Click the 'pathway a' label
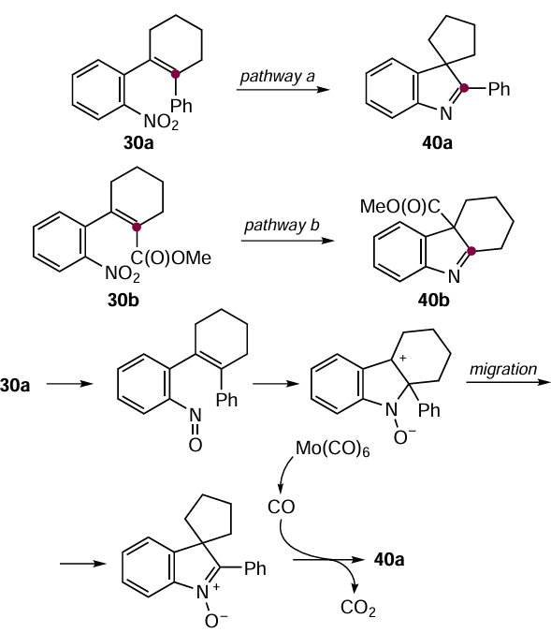pyautogui.click(x=277, y=76)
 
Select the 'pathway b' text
pyautogui.click(x=282, y=226)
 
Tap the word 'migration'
pyautogui.click(x=503, y=369)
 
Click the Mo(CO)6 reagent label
pyautogui.click(x=332, y=449)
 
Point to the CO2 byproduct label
pyautogui.click(x=358, y=608)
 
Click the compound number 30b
pyautogui.click(x=123, y=300)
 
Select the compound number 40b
pyautogui.click(x=434, y=300)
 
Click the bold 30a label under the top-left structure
pyautogui.click(x=138, y=143)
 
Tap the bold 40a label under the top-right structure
pyautogui.click(x=437, y=143)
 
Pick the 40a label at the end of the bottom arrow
pyautogui.click(x=389, y=560)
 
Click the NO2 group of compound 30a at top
pyautogui.click(x=161, y=122)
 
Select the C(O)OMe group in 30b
pyautogui.click(x=170, y=258)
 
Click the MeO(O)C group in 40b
pyautogui.click(x=400, y=207)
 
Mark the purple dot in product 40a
pyautogui.click(x=464, y=88)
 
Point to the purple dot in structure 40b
pyautogui.click(x=472, y=252)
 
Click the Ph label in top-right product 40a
pyautogui.click(x=499, y=89)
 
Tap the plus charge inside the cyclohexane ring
pyautogui.click(x=402, y=358)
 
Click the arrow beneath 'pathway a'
pyautogui.click(x=283, y=89)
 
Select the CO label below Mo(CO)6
pyautogui.click(x=282, y=507)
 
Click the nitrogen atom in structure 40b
pyautogui.click(x=455, y=276)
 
